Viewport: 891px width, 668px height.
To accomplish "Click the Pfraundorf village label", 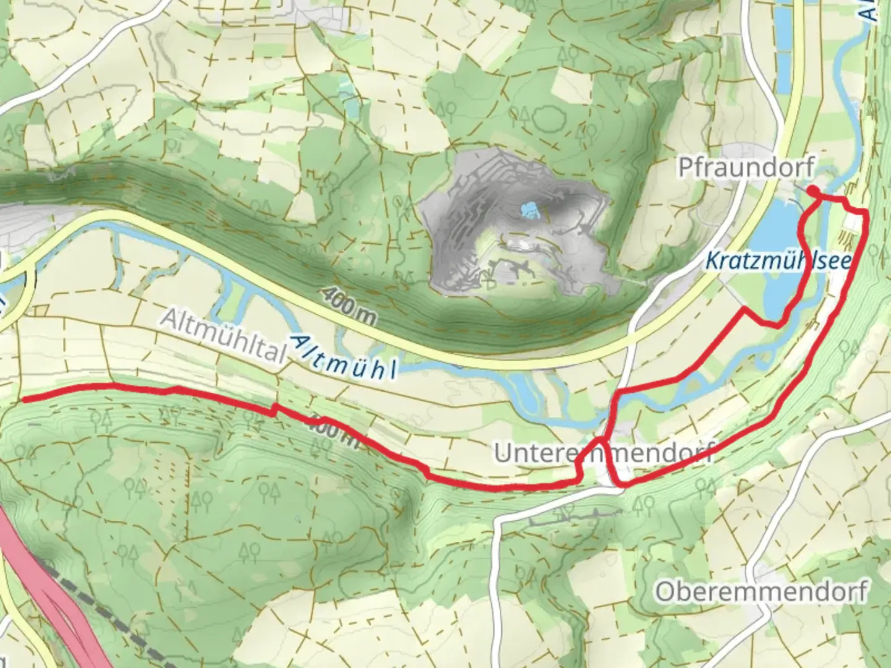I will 746,167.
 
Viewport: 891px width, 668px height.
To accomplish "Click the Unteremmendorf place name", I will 603,453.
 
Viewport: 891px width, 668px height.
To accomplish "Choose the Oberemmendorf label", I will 761,591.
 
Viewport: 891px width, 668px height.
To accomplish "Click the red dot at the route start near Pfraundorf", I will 813,191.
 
